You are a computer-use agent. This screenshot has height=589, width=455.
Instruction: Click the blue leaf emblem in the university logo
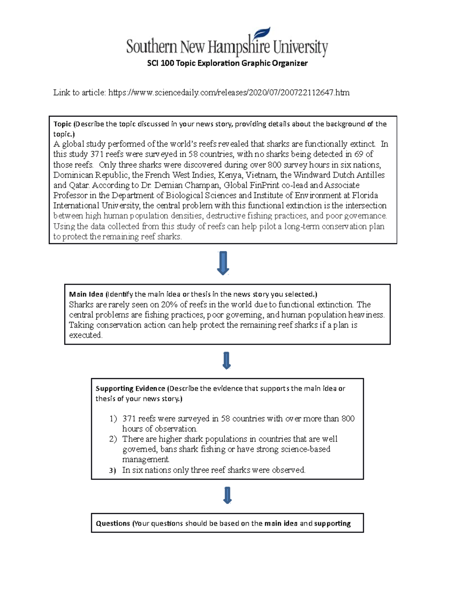coord(262,35)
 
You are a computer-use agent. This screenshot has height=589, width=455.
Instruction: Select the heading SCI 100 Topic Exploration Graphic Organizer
coord(227,63)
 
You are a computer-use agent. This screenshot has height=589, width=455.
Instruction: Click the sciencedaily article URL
coord(229,93)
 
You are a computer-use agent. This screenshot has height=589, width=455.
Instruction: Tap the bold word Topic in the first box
coord(62,124)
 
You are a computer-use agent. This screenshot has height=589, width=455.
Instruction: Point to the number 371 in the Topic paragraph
coord(97,154)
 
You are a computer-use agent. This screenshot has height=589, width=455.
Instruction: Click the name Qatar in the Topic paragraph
coord(79,185)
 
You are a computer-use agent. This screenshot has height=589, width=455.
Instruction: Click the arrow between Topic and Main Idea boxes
coord(223,263)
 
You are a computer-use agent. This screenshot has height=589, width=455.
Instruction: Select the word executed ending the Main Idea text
coord(85,335)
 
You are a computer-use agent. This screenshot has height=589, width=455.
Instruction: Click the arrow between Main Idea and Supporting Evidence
coord(226,361)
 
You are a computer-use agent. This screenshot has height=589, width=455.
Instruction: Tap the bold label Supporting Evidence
coord(130,388)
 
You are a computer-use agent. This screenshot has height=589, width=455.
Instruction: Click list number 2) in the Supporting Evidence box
coord(113,439)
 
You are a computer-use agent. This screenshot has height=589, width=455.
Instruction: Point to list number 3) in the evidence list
coord(112,471)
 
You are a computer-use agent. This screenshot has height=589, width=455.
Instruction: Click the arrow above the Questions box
coord(227,495)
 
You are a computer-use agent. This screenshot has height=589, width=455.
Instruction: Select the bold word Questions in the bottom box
coord(113,523)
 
